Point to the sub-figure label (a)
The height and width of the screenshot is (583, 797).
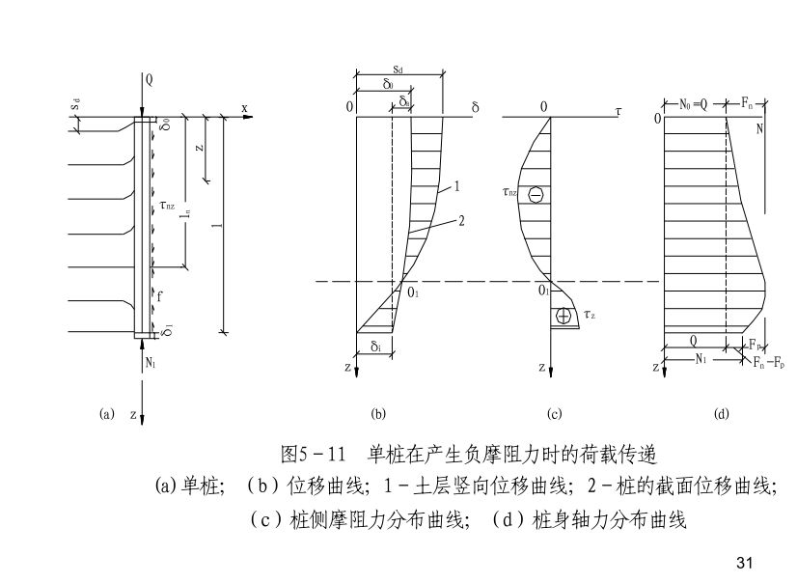pos(107,414)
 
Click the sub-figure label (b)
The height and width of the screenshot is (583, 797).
pos(378,414)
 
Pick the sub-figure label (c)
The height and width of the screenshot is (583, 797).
pos(555,414)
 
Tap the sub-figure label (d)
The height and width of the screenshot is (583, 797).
pos(721,414)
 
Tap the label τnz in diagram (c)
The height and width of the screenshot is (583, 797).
pos(509,193)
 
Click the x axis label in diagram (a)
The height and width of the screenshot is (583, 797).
pos(245,108)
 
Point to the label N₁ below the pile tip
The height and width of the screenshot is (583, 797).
pos(151,362)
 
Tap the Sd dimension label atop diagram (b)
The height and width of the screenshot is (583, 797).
pos(398,71)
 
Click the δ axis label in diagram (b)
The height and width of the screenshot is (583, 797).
pos(475,107)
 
